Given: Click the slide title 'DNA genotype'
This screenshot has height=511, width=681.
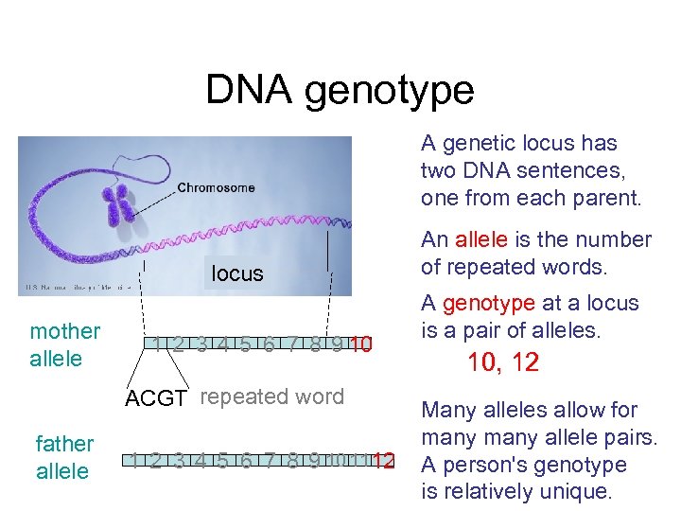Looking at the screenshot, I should coord(340,90).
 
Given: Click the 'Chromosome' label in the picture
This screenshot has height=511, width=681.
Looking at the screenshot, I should coord(216,187).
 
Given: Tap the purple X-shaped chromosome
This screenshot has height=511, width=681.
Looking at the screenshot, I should coord(118,204).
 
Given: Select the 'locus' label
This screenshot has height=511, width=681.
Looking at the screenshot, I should coord(237,273).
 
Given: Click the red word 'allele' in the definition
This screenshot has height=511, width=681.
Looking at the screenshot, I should coord(481,239).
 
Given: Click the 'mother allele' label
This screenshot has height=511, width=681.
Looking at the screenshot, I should coord(64,344).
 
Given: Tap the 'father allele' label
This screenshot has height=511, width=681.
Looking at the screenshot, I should coord(64,457).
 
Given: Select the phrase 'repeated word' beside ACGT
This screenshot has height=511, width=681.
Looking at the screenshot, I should coord(272,396).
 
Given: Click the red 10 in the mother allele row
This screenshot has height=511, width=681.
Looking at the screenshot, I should coord(359,344).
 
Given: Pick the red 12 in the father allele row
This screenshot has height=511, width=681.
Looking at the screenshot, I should coord(383,462).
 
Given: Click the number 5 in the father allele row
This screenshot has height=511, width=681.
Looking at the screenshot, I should coord(222,462).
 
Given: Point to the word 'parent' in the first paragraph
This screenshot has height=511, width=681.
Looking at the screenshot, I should coord(607,199).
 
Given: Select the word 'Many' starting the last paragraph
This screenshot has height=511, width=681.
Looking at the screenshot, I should coord(448,410).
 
